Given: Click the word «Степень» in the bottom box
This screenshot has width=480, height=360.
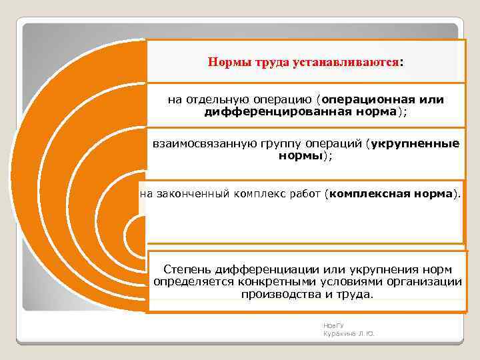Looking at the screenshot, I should pyautogui.click(x=186, y=269).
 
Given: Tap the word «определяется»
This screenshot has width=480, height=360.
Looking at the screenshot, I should pyautogui.click(x=187, y=281).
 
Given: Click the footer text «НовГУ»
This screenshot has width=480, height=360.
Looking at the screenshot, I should pyautogui.click(x=330, y=325).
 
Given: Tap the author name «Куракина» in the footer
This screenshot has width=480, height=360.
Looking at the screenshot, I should pyautogui.click(x=337, y=333).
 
